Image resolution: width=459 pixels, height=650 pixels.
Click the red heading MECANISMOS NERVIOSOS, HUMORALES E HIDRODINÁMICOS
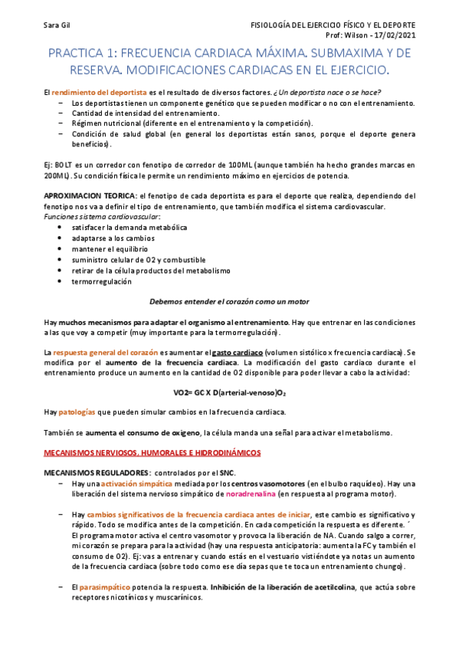tap(152, 453)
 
